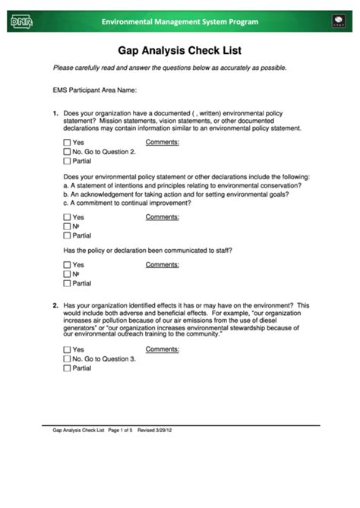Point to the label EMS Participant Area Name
pos(94,90)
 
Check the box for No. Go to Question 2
pos(67,152)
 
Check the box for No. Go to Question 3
pos(67,358)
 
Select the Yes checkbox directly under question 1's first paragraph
pos(67,143)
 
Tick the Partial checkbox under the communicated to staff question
pos(67,283)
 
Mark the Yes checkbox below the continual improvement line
pos(67,217)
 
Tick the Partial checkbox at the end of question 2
pos(67,368)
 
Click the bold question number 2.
pos(55,305)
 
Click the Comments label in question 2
pos(162,349)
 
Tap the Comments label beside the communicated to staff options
pos(162,264)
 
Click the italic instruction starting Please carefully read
pos(169,68)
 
